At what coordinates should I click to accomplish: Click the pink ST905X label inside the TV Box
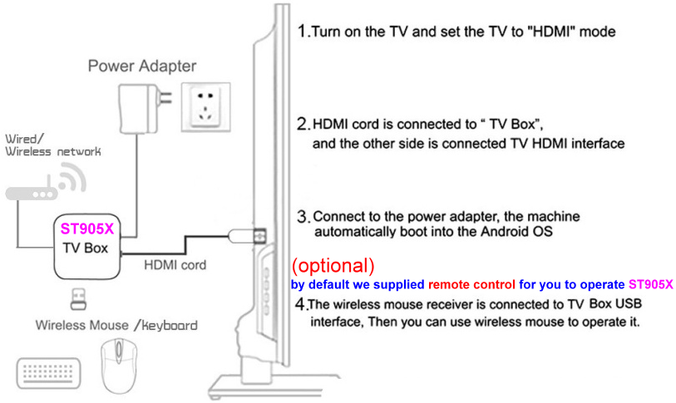(x=87, y=229)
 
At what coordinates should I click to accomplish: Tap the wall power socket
(x=206, y=107)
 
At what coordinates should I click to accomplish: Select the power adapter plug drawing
(x=145, y=108)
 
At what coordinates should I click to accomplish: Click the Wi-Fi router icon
(x=46, y=182)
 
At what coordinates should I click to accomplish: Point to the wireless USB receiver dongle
(x=78, y=299)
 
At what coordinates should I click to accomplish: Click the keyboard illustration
(x=48, y=373)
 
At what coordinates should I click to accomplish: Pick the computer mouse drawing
(x=119, y=366)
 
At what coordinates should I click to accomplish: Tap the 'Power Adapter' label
(x=142, y=66)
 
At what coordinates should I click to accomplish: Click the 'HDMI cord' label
(x=175, y=264)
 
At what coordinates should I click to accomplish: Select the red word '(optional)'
(x=333, y=266)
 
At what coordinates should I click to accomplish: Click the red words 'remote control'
(x=471, y=284)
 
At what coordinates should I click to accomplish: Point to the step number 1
(x=302, y=31)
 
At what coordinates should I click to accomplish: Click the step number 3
(x=303, y=216)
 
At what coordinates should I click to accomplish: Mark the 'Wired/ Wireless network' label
(x=52, y=145)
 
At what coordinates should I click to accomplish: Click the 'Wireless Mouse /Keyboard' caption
(x=116, y=325)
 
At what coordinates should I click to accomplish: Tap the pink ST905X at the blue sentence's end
(x=650, y=284)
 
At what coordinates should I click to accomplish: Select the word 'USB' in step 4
(x=629, y=303)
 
